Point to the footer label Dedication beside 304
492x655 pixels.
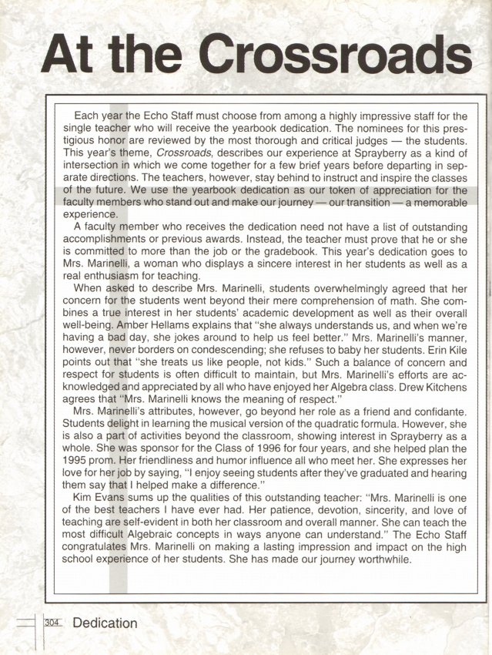click(x=105, y=623)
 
